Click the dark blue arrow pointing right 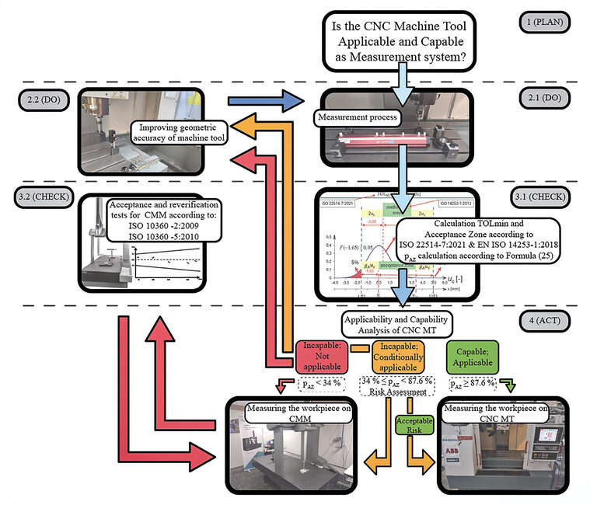point(265,100)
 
